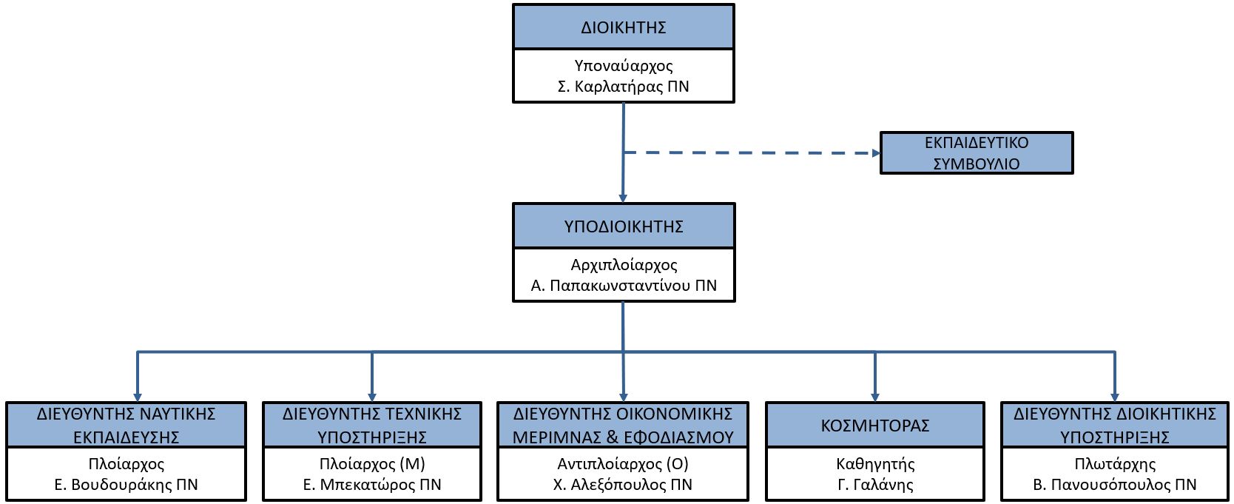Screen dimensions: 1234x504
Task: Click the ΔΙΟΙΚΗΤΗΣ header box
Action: point(624,27)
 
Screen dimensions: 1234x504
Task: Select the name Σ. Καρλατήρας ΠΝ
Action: point(624,87)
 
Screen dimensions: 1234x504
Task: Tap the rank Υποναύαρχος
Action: point(624,66)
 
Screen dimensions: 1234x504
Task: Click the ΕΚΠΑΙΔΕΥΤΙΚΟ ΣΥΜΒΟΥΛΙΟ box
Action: point(977,152)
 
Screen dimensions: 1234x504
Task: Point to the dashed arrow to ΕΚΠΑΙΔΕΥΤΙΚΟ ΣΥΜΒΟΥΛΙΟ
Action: point(752,152)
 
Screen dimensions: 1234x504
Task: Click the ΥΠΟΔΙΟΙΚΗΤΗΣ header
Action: point(624,226)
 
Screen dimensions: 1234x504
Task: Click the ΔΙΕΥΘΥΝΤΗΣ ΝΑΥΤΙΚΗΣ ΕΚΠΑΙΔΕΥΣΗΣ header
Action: point(127,425)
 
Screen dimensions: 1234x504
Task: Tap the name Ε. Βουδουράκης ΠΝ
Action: point(127,484)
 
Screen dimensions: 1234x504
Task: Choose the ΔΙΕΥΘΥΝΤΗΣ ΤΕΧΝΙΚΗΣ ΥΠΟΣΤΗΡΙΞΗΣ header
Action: point(372,425)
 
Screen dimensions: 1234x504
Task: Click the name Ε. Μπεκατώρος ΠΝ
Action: point(372,484)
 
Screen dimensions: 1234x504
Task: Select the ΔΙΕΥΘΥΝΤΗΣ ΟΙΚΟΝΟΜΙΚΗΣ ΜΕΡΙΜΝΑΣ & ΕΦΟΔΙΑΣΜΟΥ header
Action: point(623,425)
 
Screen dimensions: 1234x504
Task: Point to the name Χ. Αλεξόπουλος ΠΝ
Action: point(623,484)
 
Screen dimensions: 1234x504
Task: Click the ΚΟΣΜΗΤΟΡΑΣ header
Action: point(875,425)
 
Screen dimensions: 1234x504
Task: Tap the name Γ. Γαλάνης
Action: point(875,484)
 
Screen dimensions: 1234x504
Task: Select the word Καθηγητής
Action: point(875,464)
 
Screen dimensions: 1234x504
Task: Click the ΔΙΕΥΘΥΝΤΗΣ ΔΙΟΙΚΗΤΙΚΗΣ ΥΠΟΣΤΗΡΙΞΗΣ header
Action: point(1115,425)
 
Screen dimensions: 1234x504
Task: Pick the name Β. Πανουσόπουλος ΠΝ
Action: point(1115,484)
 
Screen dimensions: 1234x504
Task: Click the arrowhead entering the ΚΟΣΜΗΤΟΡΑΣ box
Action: point(875,397)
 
